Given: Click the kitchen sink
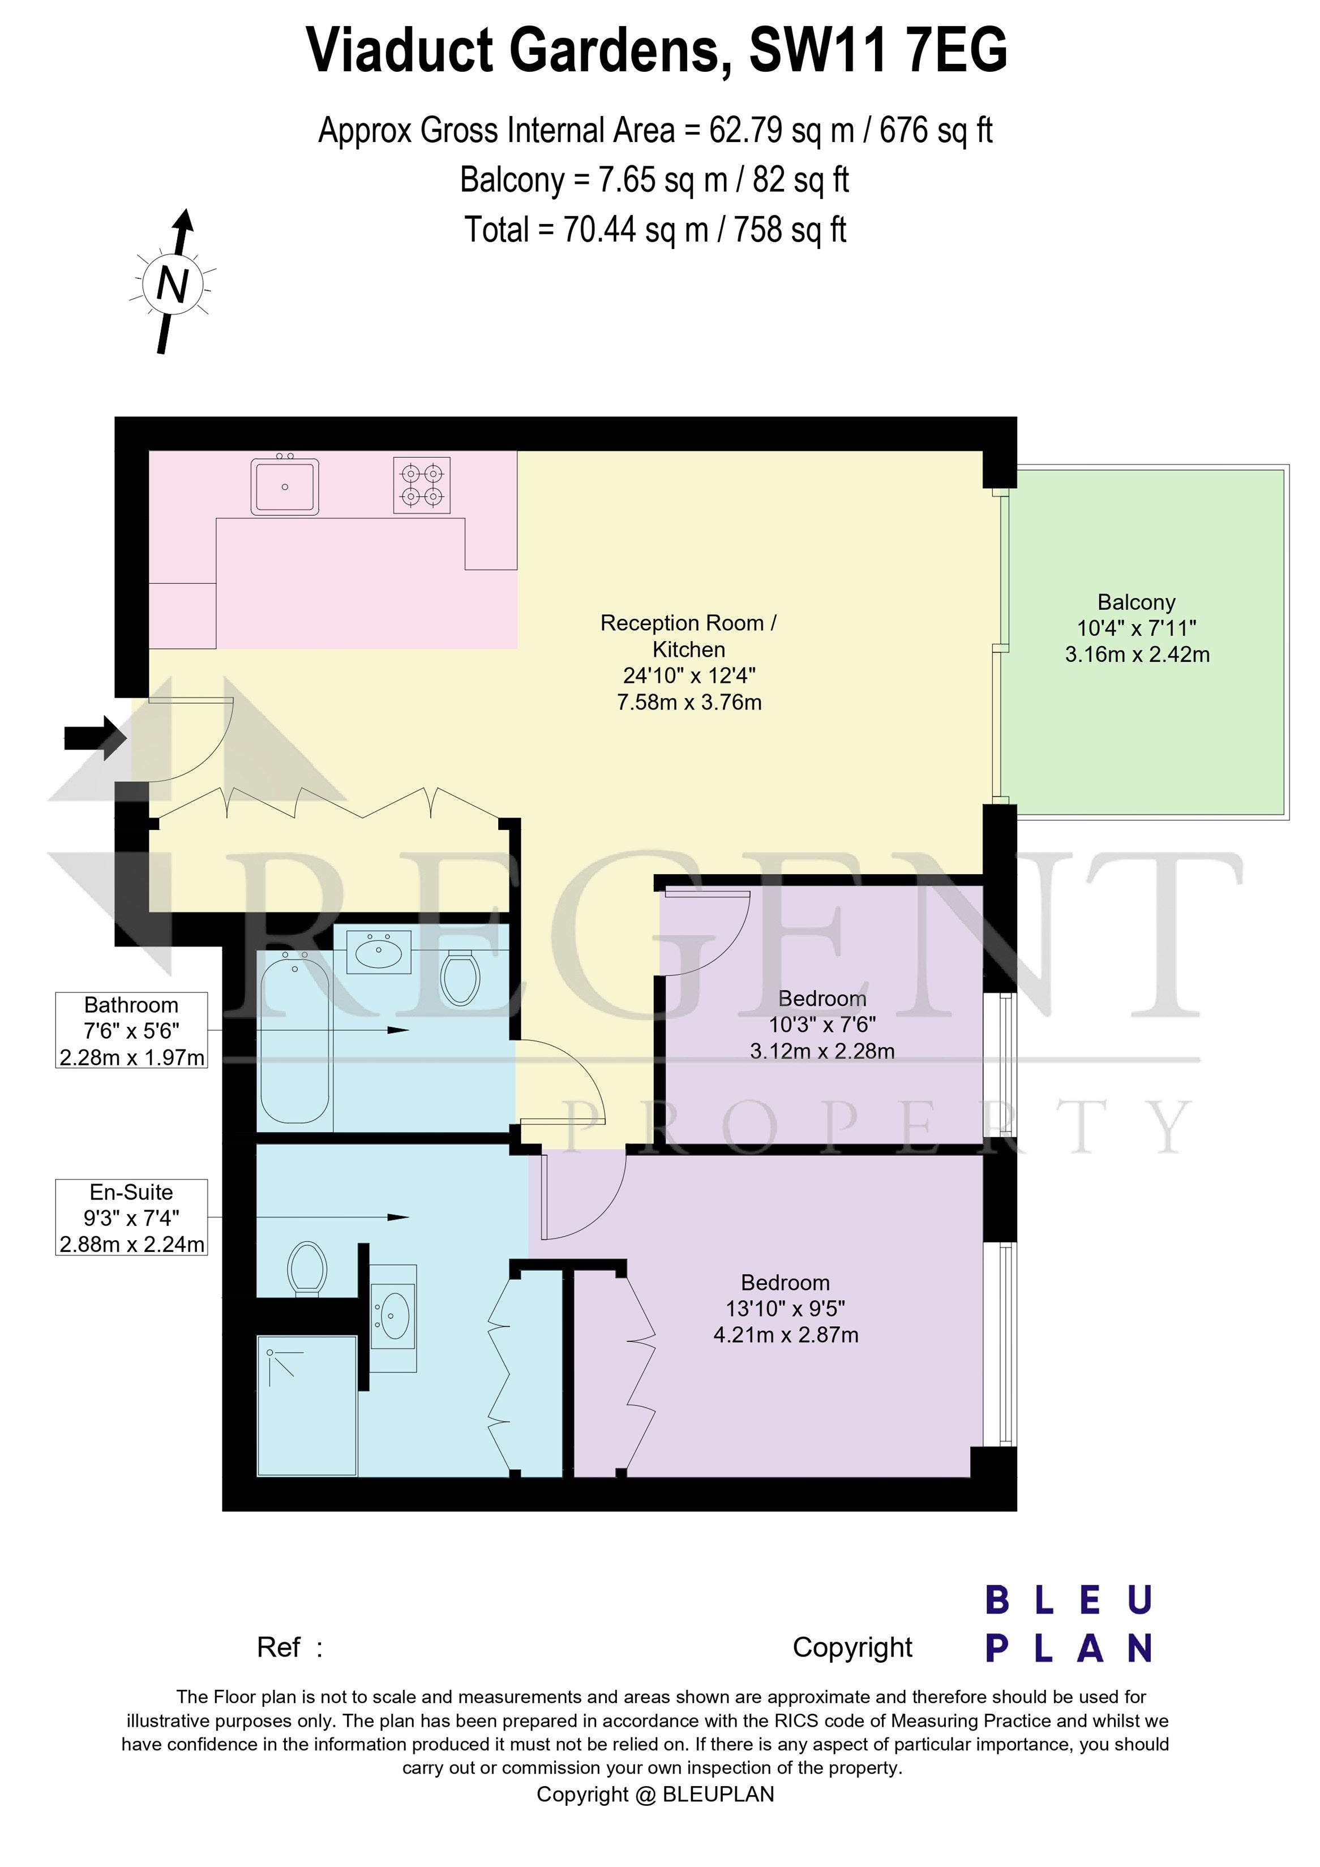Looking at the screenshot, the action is click(x=285, y=485).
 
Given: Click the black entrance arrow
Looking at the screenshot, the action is click(x=95, y=738).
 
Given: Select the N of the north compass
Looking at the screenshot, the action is click(x=173, y=285).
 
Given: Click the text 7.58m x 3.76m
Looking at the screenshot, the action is click(x=689, y=702).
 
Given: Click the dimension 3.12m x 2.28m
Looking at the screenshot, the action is click(x=822, y=1051).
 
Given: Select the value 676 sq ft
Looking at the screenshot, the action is click(x=936, y=130).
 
